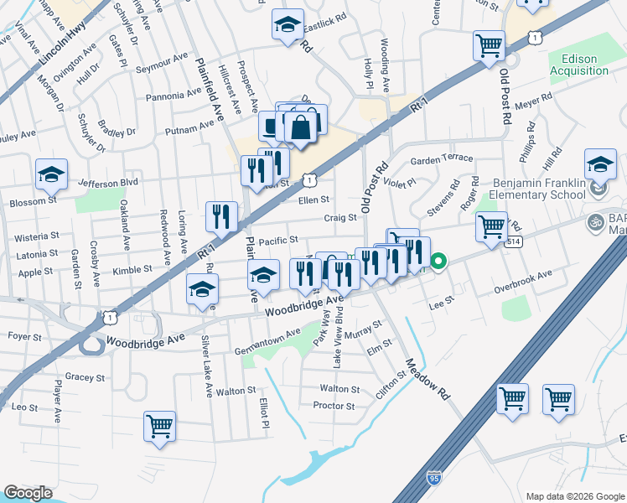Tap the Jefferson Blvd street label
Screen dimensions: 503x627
click(x=107, y=181)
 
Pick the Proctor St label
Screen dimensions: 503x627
click(x=334, y=406)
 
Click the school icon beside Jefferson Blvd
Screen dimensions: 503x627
click(x=51, y=175)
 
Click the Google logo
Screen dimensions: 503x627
click(x=28, y=492)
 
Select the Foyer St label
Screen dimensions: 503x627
click(x=24, y=337)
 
